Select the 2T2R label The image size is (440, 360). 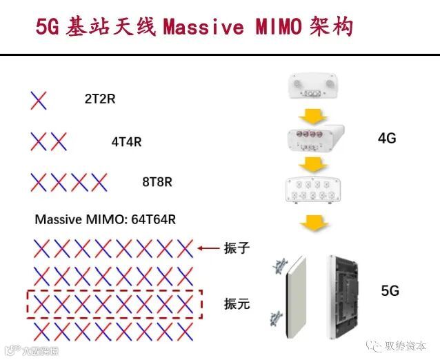[x=100, y=99]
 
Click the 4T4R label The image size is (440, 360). [x=126, y=142]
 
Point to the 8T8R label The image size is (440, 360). [x=157, y=183]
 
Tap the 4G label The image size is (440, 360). [x=387, y=138]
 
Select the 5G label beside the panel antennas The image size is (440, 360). [x=390, y=291]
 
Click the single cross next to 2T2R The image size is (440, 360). [x=39, y=101]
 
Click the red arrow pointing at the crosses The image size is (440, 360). [x=206, y=248]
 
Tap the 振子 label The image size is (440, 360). [x=236, y=248]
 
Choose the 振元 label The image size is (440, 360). [x=236, y=303]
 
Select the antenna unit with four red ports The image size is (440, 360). [x=314, y=138]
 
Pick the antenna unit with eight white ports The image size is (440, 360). [x=314, y=190]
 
